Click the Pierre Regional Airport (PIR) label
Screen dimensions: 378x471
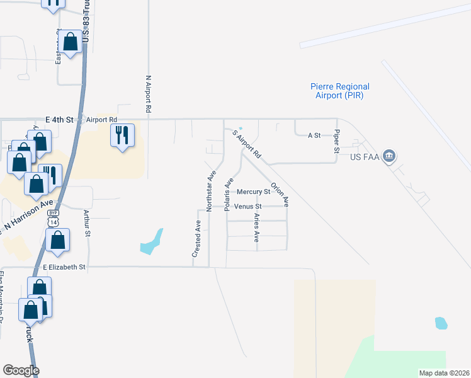tap(340, 91)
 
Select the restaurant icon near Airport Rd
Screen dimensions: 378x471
tap(122, 135)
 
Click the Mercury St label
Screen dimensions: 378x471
tap(253, 192)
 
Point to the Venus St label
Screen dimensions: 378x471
tap(247, 206)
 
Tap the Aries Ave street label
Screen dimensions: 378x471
tap(256, 227)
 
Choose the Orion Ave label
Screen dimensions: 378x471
tap(280, 192)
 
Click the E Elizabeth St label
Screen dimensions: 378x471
tap(64, 267)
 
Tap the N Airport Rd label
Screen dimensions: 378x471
tap(149, 94)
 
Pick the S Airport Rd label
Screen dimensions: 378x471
tap(246, 144)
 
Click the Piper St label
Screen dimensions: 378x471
tap(337, 142)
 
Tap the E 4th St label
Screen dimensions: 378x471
tap(60, 119)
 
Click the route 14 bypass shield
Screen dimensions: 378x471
tap(53, 220)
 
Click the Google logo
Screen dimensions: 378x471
tap(21, 370)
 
